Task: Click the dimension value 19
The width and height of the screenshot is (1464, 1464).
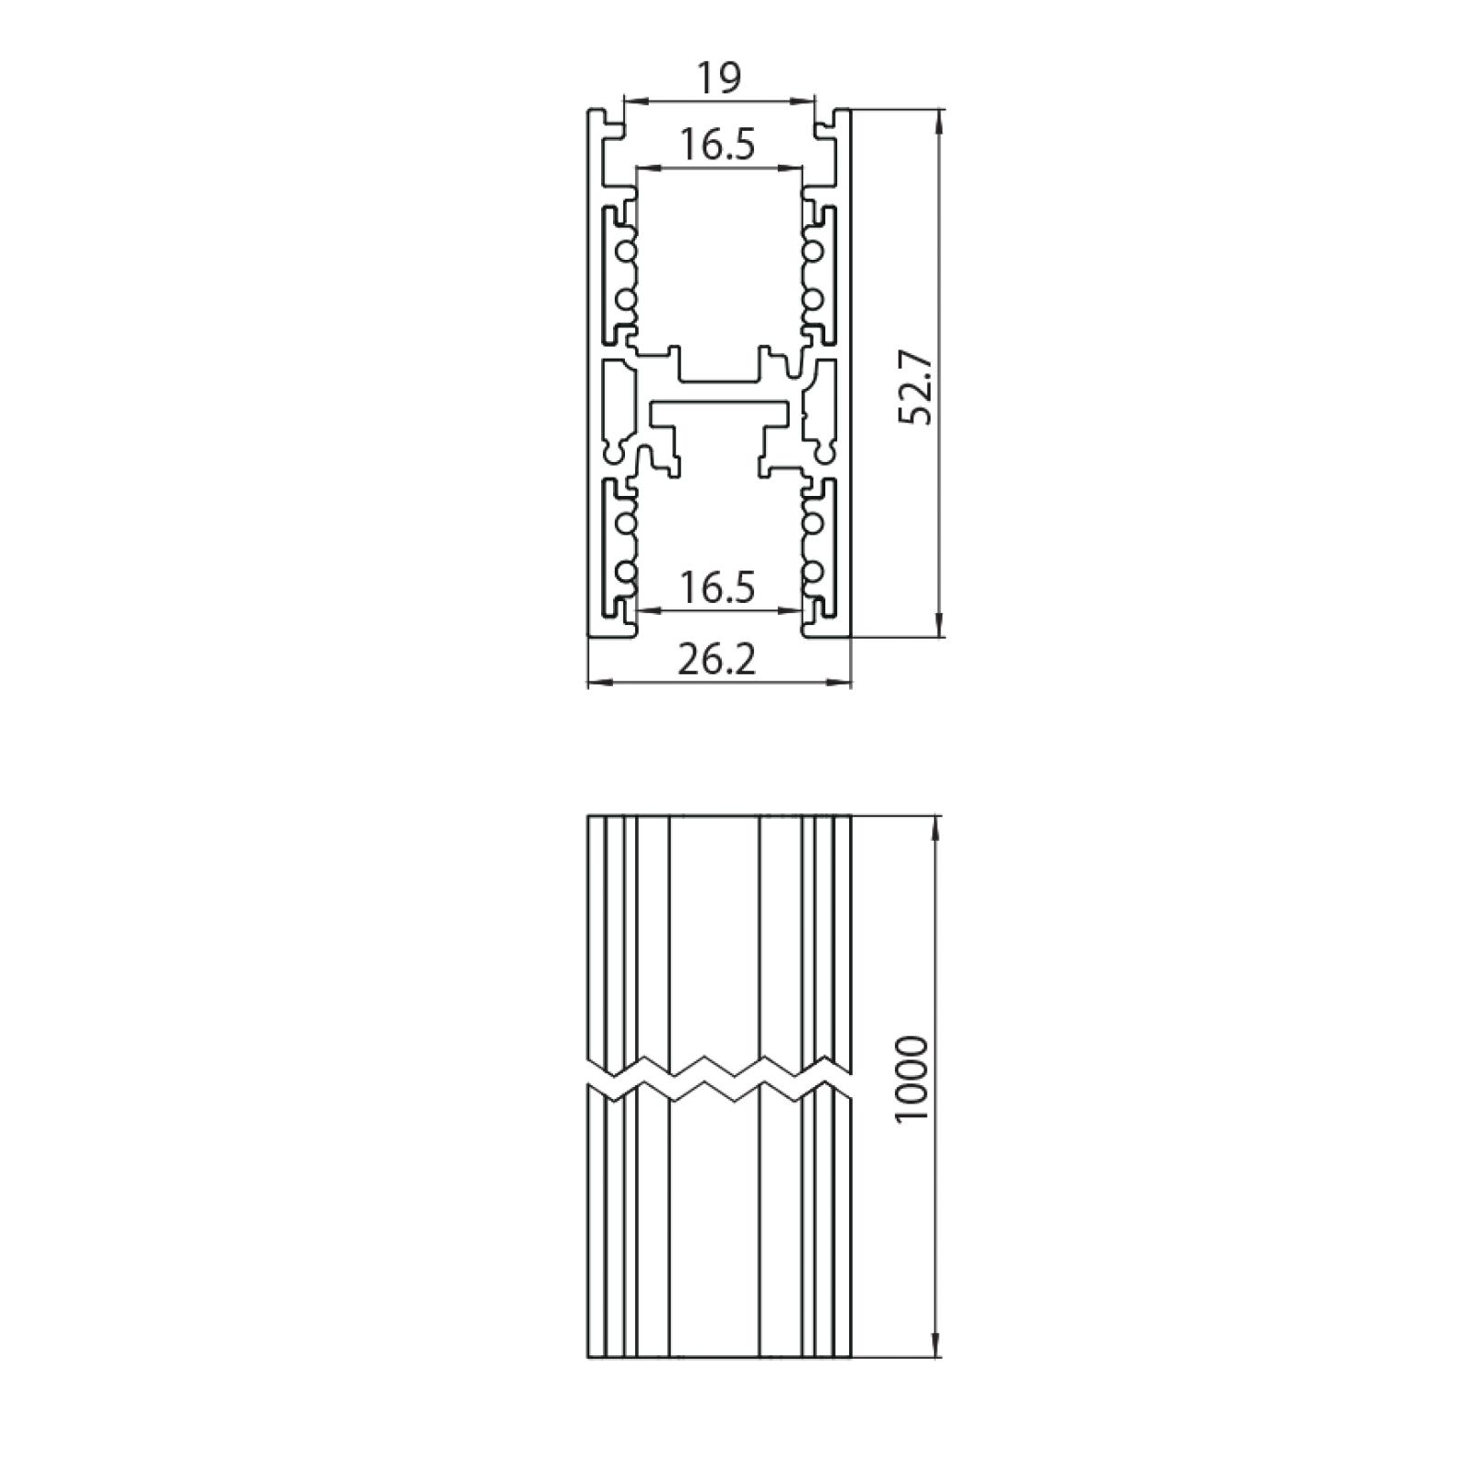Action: click(x=718, y=79)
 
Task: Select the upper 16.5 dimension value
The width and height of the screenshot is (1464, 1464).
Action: click(x=717, y=145)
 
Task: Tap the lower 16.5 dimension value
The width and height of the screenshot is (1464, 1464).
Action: click(x=717, y=587)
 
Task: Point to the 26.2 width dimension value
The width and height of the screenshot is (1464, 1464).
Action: click(x=717, y=659)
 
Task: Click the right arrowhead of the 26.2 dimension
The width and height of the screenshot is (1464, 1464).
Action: click(x=839, y=681)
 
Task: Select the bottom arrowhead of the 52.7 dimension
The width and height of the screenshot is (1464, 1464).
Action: click(x=940, y=623)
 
